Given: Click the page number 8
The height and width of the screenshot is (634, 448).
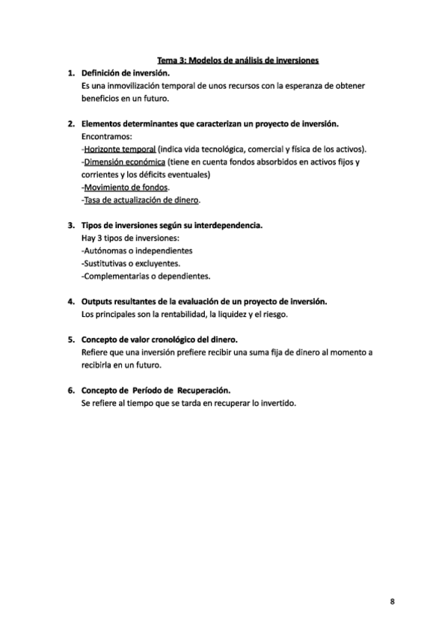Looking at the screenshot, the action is pos(393,601).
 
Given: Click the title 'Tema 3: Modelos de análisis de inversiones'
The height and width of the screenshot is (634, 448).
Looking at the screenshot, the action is pos(238,60).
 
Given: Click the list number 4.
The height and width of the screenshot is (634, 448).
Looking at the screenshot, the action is pos(70,301).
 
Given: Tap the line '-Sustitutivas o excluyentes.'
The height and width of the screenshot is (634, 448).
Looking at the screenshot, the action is pos(135,263).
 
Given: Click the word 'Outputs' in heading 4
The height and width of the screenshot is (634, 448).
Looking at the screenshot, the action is pos(97,301).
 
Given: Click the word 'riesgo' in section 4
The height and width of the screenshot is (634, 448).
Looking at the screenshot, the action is pos(274,314).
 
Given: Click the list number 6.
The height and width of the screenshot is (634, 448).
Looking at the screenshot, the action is pos(70,390).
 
